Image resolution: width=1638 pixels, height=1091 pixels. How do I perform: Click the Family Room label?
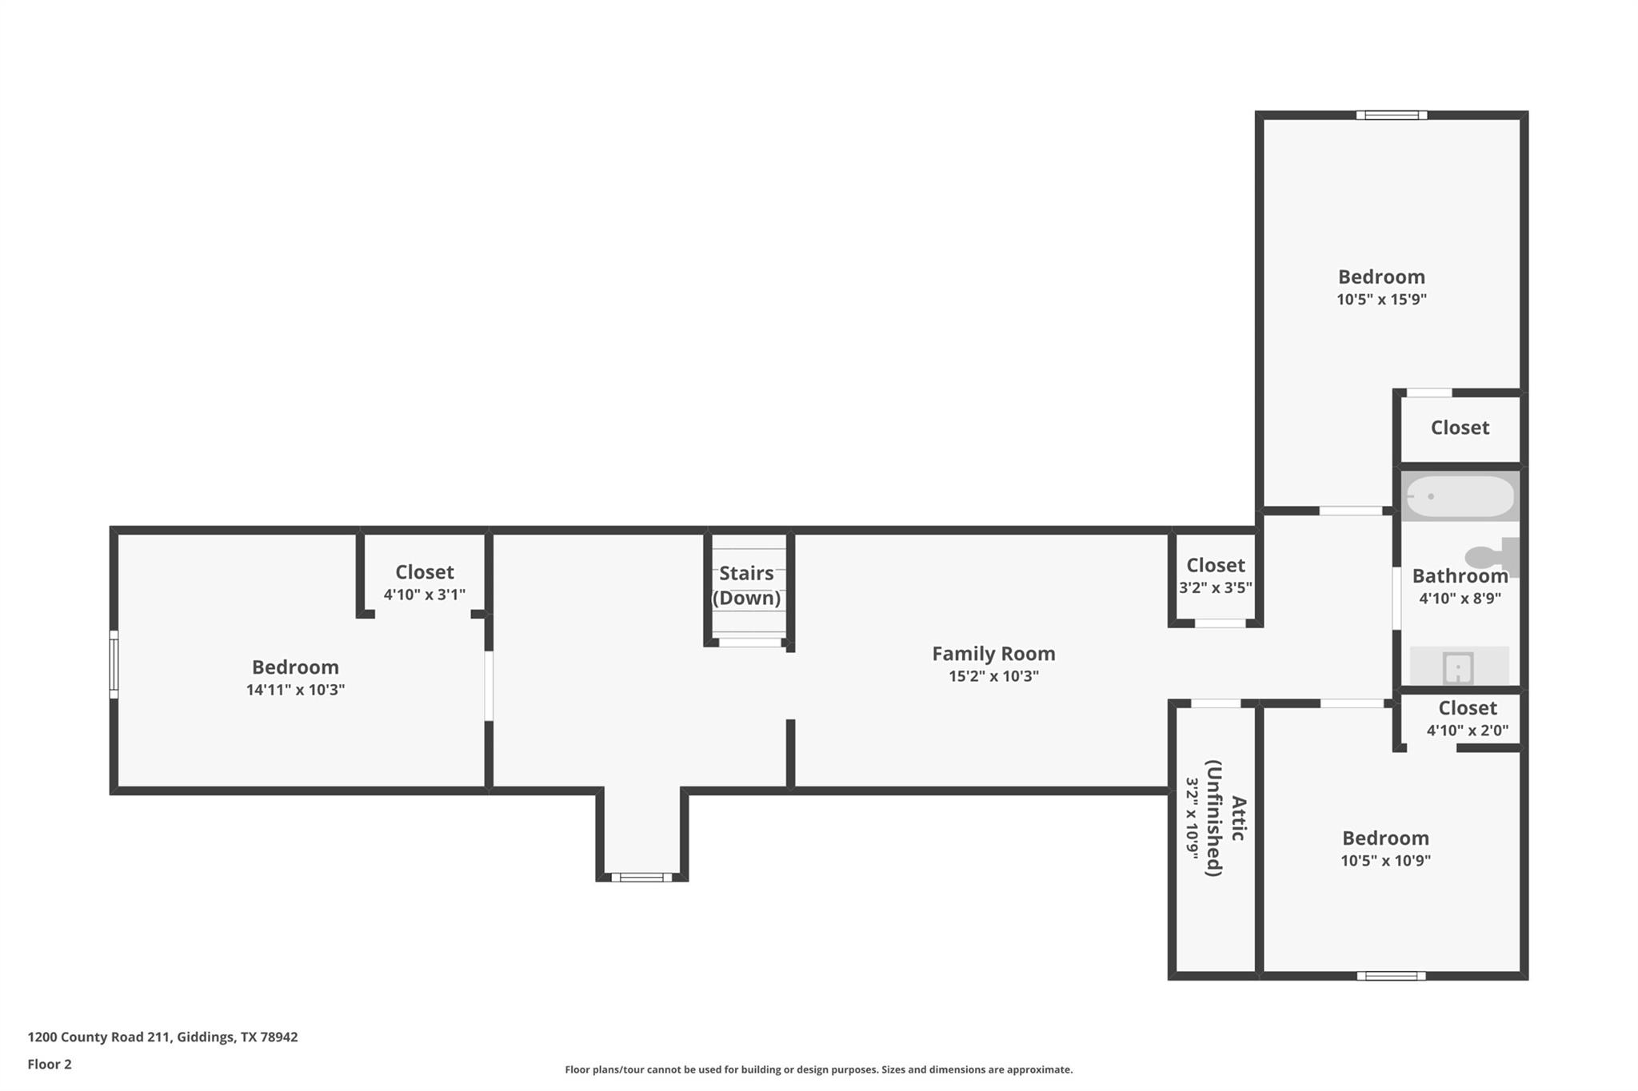(993, 654)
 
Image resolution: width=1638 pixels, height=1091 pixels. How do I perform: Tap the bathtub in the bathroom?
(1460, 496)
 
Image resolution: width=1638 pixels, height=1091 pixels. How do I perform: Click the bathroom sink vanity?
(1459, 667)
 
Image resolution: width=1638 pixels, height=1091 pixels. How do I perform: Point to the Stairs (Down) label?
(746, 585)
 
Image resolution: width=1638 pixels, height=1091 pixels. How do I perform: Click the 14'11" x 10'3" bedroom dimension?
(295, 690)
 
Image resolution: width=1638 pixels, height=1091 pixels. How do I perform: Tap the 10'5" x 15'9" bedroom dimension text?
(1381, 300)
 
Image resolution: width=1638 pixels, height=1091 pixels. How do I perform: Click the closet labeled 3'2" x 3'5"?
(1215, 576)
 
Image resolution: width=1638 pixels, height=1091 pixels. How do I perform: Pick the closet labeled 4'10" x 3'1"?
(424, 583)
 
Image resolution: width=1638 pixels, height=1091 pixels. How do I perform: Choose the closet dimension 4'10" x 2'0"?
(1467, 730)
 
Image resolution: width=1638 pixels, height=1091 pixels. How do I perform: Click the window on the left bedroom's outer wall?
(114, 664)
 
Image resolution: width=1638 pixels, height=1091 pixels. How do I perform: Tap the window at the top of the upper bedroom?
(1392, 115)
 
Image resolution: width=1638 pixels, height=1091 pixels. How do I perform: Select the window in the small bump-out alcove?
(641, 878)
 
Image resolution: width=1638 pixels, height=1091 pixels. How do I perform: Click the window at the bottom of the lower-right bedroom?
(1391, 976)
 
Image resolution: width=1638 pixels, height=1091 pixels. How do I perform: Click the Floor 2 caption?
(50, 1064)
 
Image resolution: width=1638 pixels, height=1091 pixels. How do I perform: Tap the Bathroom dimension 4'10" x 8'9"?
(1460, 598)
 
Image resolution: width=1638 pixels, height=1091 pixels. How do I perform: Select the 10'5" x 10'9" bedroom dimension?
(1385, 861)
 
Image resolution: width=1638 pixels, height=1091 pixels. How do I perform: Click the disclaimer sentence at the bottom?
(818, 1069)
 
